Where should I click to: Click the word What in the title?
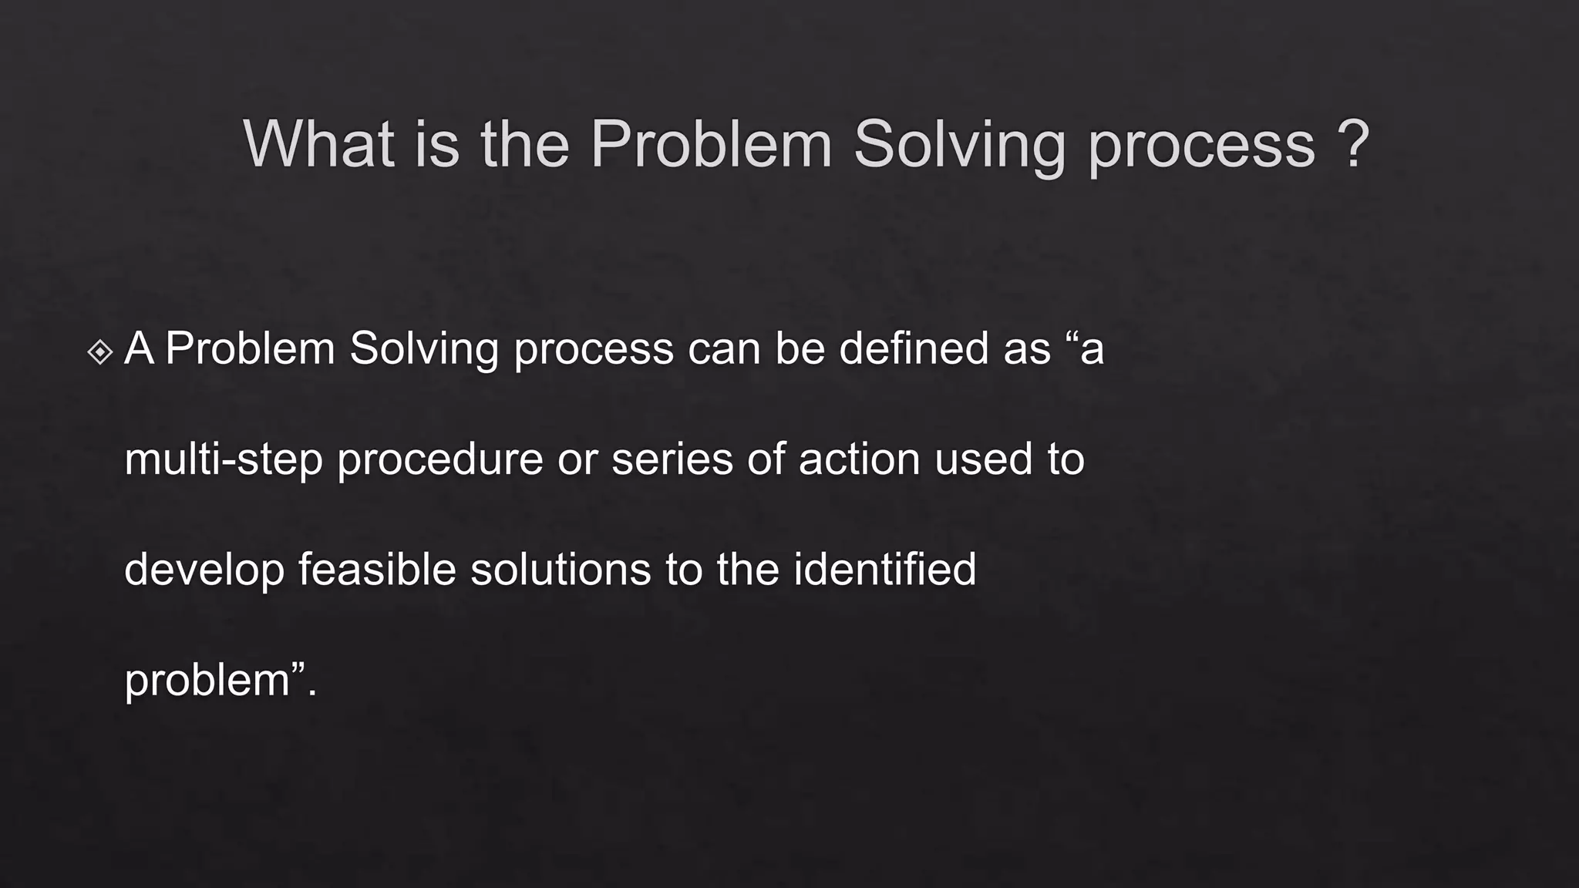click(x=318, y=144)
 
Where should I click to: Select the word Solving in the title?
click(x=959, y=144)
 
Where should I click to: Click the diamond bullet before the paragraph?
click(x=100, y=352)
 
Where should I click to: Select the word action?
click(x=859, y=459)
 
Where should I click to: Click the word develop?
click(x=204, y=571)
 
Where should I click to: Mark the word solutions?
click(x=561, y=570)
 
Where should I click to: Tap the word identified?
click(x=884, y=570)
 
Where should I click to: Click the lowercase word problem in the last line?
click(x=207, y=681)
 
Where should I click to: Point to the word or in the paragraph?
click(x=577, y=460)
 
